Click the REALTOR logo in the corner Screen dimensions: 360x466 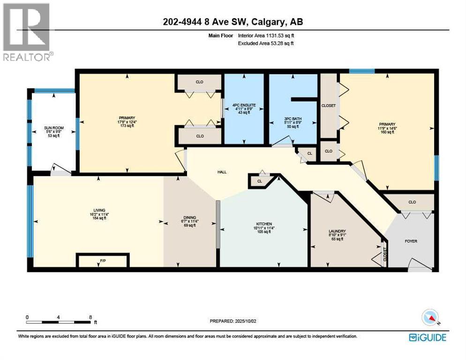pyautogui.click(x=26, y=32)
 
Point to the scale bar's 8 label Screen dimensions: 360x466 pyautogui.click(x=90, y=317)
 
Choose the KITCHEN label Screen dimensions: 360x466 pyautogui.click(x=264, y=224)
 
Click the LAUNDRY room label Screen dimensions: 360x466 pyautogui.click(x=337, y=231)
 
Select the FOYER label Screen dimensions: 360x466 pyautogui.click(x=411, y=241)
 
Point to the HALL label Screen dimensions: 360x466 pyautogui.click(x=222, y=172)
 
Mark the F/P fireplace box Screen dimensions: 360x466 pyautogui.click(x=103, y=260)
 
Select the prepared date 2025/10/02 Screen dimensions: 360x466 pyautogui.click(x=233, y=321)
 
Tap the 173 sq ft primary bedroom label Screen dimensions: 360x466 pyautogui.click(x=127, y=127)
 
